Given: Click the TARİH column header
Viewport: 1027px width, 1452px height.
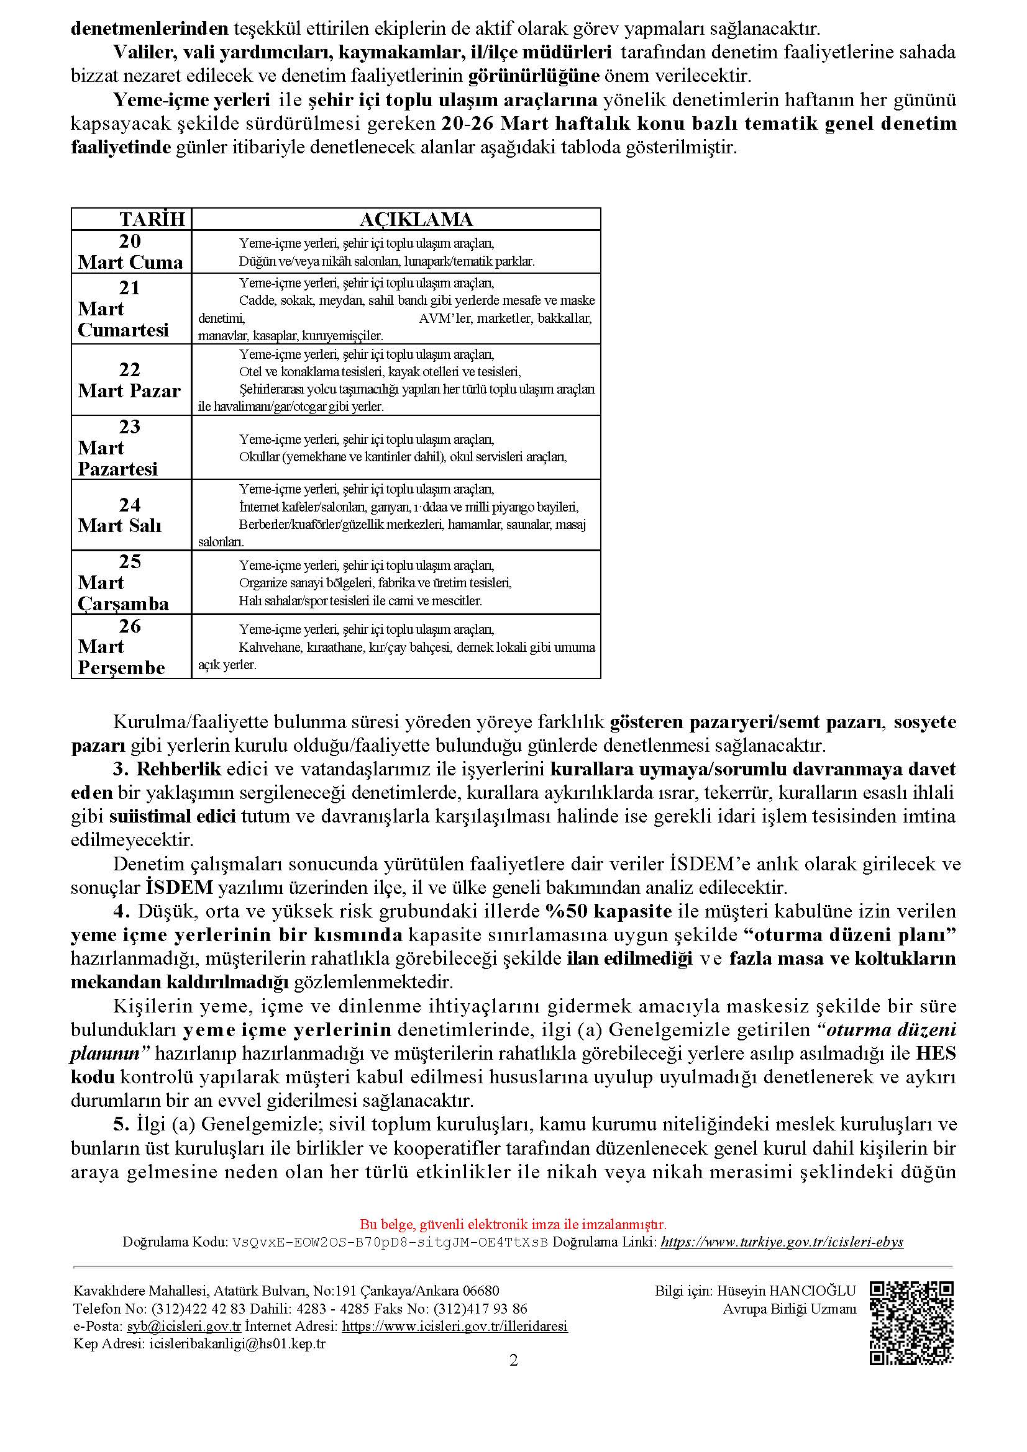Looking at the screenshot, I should (x=152, y=219).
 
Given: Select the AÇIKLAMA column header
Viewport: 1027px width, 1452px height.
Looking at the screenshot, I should (x=416, y=219).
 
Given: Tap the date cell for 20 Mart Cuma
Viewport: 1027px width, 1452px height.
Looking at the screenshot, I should (x=130, y=251).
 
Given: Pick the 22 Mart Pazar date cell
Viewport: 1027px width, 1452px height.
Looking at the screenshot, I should (x=130, y=380).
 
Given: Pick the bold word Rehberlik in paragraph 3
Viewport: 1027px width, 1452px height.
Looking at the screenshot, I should (x=178, y=769).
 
